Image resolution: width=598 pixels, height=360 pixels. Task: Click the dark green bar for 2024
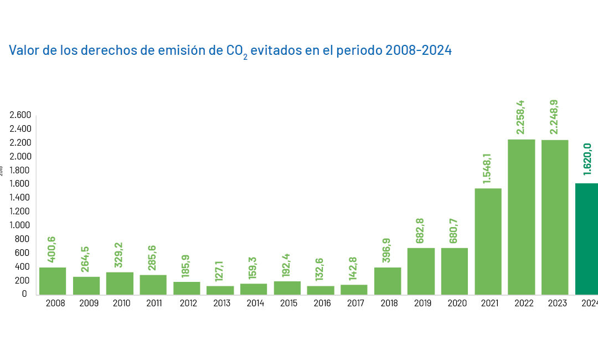pyautogui.click(x=587, y=239)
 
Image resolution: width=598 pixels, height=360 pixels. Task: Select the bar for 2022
pyautogui.click(x=522, y=217)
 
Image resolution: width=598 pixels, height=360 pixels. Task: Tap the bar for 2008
pyautogui.click(x=53, y=281)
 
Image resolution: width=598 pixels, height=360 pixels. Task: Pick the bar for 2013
pyautogui.click(x=220, y=290)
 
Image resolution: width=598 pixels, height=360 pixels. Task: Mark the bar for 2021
pyautogui.click(x=488, y=241)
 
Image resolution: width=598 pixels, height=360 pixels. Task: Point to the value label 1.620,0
pyautogui.click(x=587, y=159)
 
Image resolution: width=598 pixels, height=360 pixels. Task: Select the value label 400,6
pyautogui.click(x=53, y=250)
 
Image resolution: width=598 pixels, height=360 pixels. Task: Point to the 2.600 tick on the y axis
pyautogui.click(x=20, y=115)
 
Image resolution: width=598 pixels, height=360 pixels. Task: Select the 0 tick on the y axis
pyautogui.click(x=24, y=294)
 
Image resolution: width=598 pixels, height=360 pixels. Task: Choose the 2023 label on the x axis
pyautogui.click(x=555, y=304)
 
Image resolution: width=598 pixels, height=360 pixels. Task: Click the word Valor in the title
pyautogui.click(x=24, y=50)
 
